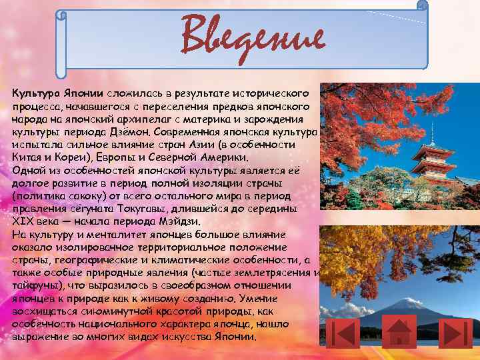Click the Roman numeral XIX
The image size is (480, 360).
[23, 221]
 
